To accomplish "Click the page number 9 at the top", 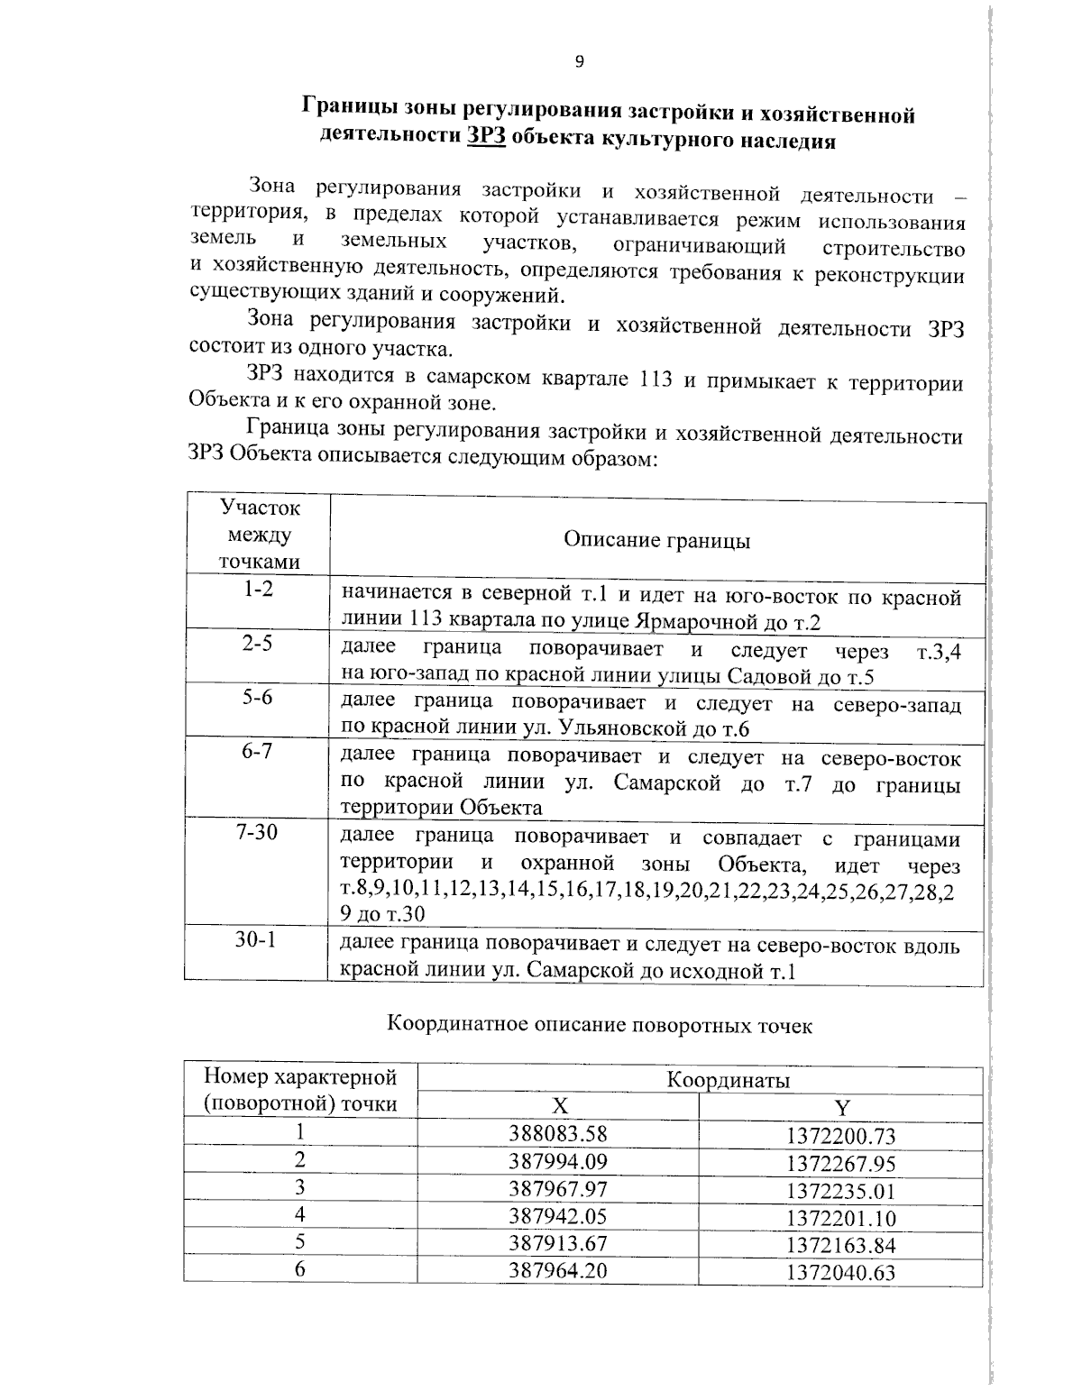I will point(579,61).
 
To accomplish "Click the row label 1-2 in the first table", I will point(258,591).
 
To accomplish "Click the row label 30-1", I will point(258,939).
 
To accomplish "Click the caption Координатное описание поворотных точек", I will point(600,1025).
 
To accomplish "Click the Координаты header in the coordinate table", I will point(729,1080).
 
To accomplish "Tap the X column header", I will point(560,1107).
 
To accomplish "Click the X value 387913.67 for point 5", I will point(558,1243).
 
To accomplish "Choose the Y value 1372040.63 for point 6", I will point(840,1273).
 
